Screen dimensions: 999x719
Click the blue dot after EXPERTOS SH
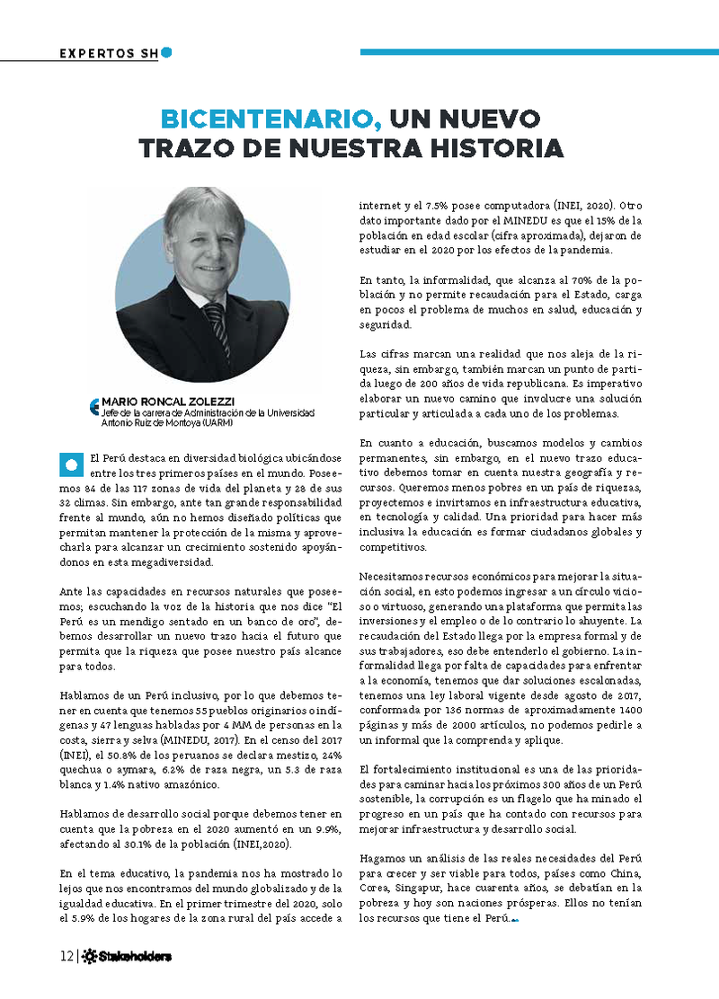pos(166,52)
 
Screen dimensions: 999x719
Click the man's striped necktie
pos(215,323)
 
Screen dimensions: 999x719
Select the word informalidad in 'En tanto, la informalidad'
pos(452,279)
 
